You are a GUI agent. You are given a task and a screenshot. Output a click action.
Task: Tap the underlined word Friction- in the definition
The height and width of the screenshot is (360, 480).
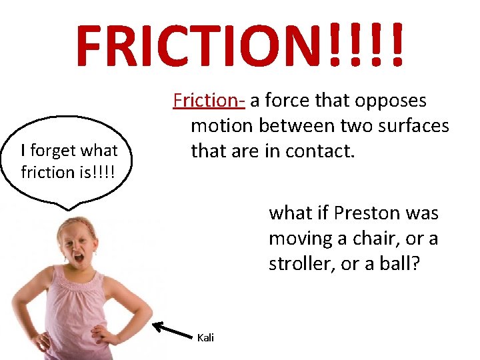tap(209, 100)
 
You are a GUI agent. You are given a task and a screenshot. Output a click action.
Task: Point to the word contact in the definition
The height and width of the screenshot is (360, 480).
tap(323, 151)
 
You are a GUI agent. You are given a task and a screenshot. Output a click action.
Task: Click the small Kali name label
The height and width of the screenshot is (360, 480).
tap(205, 338)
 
